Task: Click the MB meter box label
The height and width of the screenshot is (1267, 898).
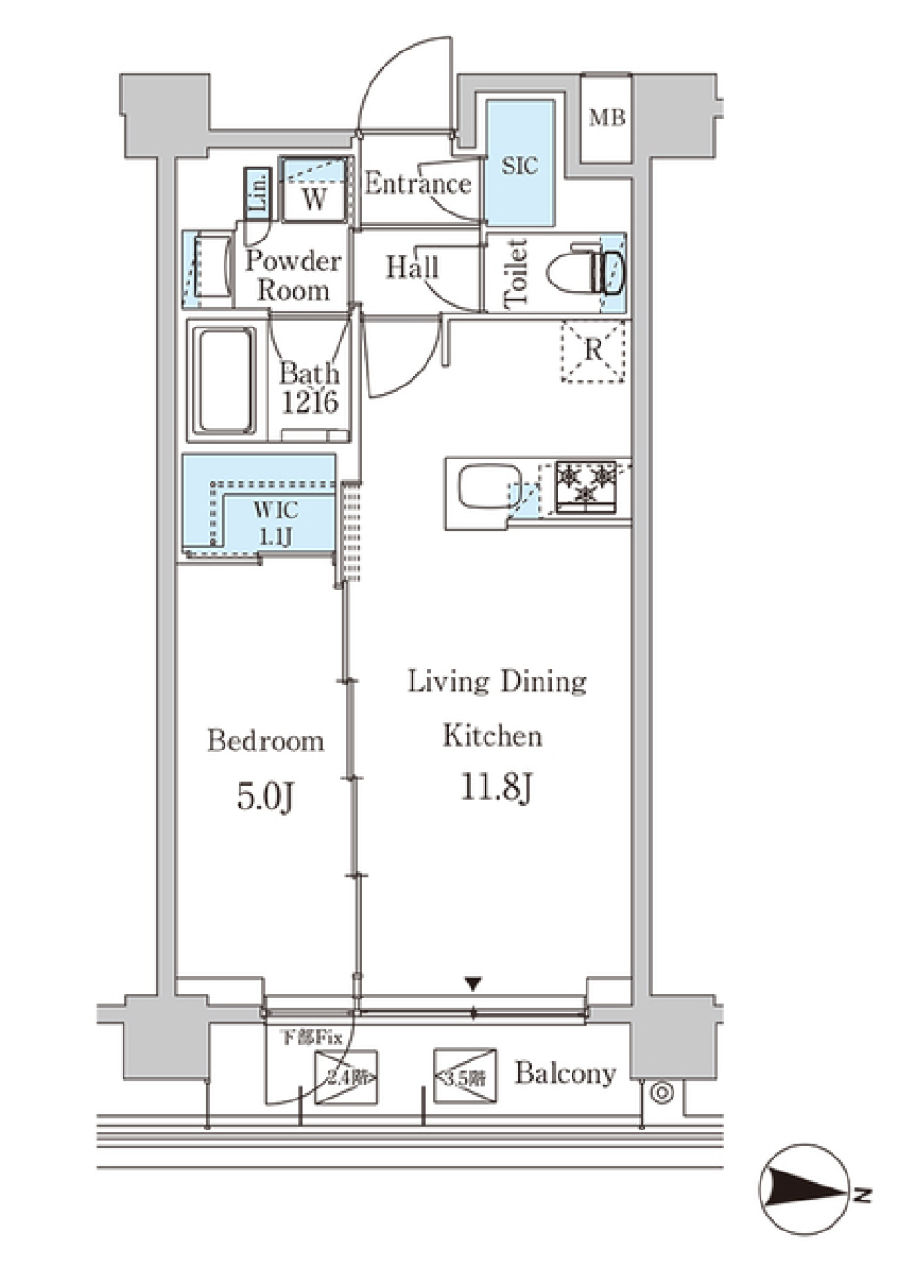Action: pyautogui.click(x=606, y=118)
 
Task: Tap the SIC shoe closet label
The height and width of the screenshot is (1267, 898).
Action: pyautogui.click(x=519, y=167)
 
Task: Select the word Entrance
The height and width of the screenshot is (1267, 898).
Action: pyautogui.click(x=417, y=183)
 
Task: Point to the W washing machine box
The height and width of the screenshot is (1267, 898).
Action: pyautogui.click(x=315, y=197)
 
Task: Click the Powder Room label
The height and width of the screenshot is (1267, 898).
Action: pyautogui.click(x=293, y=275)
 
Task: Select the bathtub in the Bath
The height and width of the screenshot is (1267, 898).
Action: pyautogui.click(x=224, y=379)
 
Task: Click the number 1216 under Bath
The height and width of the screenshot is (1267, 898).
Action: pyautogui.click(x=310, y=402)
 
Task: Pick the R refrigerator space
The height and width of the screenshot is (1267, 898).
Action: pyautogui.click(x=593, y=351)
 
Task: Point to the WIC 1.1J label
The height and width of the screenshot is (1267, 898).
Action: pyautogui.click(x=275, y=523)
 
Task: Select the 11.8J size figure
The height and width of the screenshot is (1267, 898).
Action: pyautogui.click(x=497, y=787)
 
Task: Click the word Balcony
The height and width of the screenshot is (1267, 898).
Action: pyautogui.click(x=565, y=1072)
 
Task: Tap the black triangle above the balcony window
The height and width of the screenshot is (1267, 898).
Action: pyautogui.click(x=473, y=984)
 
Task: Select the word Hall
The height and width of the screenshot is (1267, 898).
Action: pyautogui.click(x=412, y=269)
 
